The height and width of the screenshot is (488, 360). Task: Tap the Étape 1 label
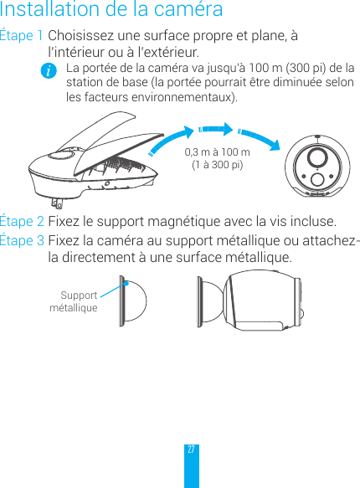[23, 38]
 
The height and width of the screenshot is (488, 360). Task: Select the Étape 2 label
[23, 222]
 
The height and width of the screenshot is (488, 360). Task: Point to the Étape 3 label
[23, 242]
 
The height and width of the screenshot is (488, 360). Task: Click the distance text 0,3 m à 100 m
[217, 152]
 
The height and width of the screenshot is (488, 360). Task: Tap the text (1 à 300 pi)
[218, 165]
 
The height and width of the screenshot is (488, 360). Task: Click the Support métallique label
[75, 301]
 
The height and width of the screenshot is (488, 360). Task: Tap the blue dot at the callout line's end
[125, 282]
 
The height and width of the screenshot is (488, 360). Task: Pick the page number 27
[192, 449]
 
